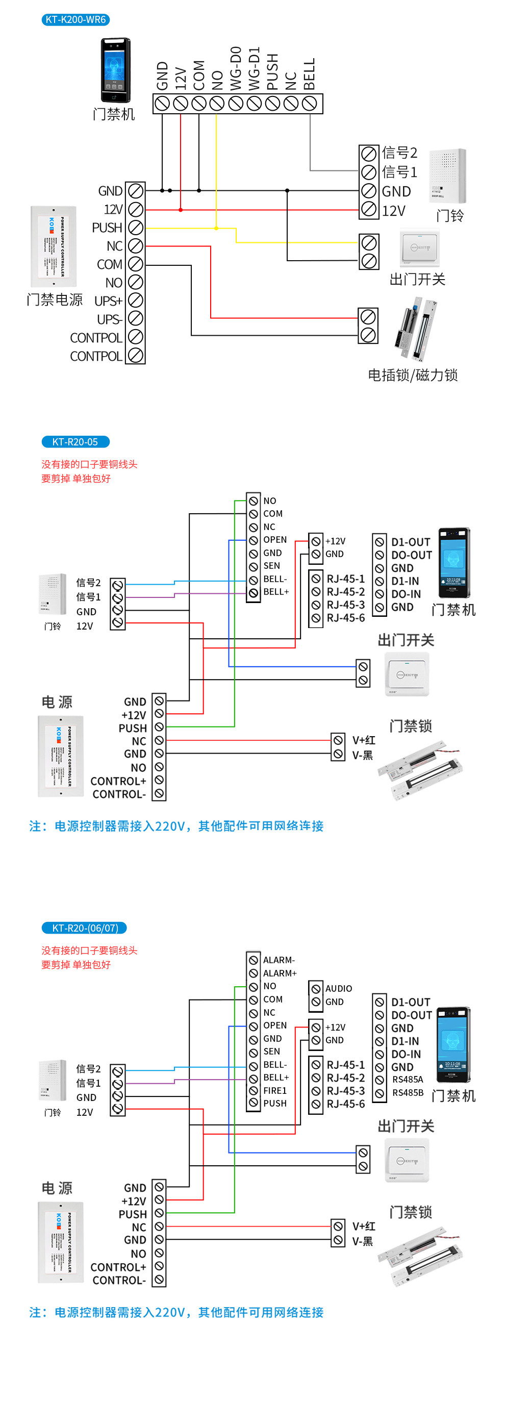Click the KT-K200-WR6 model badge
(x=75, y=19)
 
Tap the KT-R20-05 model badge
(x=75, y=442)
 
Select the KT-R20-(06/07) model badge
(x=84, y=928)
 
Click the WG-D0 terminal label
(x=235, y=68)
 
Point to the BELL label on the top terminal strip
(x=309, y=74)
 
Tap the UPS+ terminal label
(x=108, y=301)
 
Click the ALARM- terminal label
(x=279, y=960)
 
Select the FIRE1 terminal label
(x=275, y=1090)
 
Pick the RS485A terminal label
(x=408, y=1079)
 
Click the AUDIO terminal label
(x=339, y=988)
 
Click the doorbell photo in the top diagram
(x=447, y=174)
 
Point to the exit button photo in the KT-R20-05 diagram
(x=407, y=674)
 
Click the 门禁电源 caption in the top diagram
(x=55, y=299)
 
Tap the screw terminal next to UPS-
(x=135, y=319)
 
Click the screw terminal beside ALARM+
(x=254, y=973)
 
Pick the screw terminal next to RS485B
(x=380, y=1093)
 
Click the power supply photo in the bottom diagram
(x=60, y=1242)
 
